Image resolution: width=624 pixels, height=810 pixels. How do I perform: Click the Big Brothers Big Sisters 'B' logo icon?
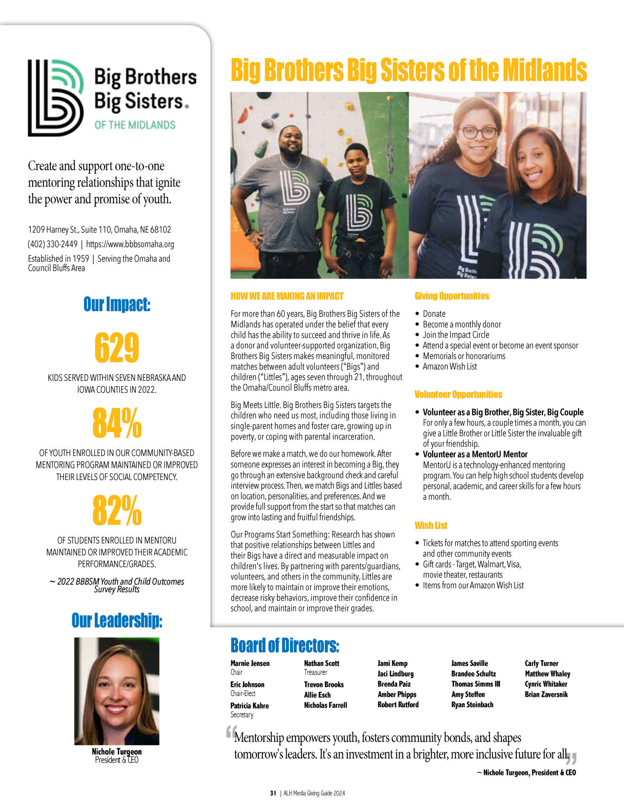pyautogui.click(x=55, y=98)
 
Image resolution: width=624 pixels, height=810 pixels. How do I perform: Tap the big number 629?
pyautogui.click(x=117, y=348)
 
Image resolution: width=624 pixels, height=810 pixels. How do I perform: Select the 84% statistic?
pyautogui.click(x=117, y=423)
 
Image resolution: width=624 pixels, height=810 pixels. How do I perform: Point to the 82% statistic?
pyautogui.click(x=117, y=511)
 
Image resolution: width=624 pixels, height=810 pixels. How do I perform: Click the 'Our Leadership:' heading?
pyautogui.click(x=117, y=620)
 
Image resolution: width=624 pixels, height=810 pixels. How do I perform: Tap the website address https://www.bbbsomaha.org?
pyautogui.click(x=130, y=244)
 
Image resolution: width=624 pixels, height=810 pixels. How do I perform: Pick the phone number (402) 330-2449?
pyautogui.click(x=52, y=244)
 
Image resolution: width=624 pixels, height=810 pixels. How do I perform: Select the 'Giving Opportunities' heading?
pyautogui.click(x=452, y=296)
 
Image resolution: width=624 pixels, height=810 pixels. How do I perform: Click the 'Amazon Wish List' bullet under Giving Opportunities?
pyautogui.click(x=450, y=366)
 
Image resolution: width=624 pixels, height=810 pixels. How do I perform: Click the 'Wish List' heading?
pyautogui.click(x=431, y=526)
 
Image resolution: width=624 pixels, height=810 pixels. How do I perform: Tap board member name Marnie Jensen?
pyautogui.click(x=250, y=663)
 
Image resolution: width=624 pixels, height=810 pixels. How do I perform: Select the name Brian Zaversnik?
pyautogui.click(x=546, y=694)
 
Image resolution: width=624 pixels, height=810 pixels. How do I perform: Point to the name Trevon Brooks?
pyautogui.click(x=324, y=685)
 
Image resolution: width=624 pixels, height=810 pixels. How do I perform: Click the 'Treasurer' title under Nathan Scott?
pyautogui.click(x=315, y=672)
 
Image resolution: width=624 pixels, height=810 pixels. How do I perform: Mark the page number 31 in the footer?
pyautogui.click(x=273, y=793)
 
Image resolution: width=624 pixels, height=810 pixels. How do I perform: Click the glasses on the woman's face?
pyautogui.click(x=478, y=133)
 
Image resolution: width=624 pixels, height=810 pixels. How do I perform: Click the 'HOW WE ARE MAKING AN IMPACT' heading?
pyautogui.click(x=287, y=296)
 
